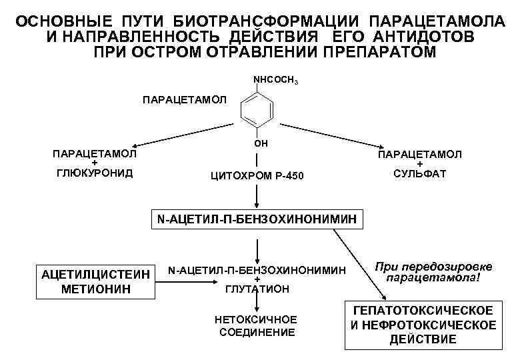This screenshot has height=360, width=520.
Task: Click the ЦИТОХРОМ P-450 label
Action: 257,176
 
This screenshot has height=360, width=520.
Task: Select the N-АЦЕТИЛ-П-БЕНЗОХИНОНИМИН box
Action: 257,219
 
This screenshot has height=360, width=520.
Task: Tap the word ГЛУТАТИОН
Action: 257,289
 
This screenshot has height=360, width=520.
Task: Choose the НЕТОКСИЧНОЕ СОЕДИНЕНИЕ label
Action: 257,326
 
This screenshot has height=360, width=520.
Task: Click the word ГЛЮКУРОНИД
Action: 94,173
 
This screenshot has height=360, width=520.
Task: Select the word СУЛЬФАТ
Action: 419,174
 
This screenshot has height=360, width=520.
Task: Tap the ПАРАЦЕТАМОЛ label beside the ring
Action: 185,100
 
